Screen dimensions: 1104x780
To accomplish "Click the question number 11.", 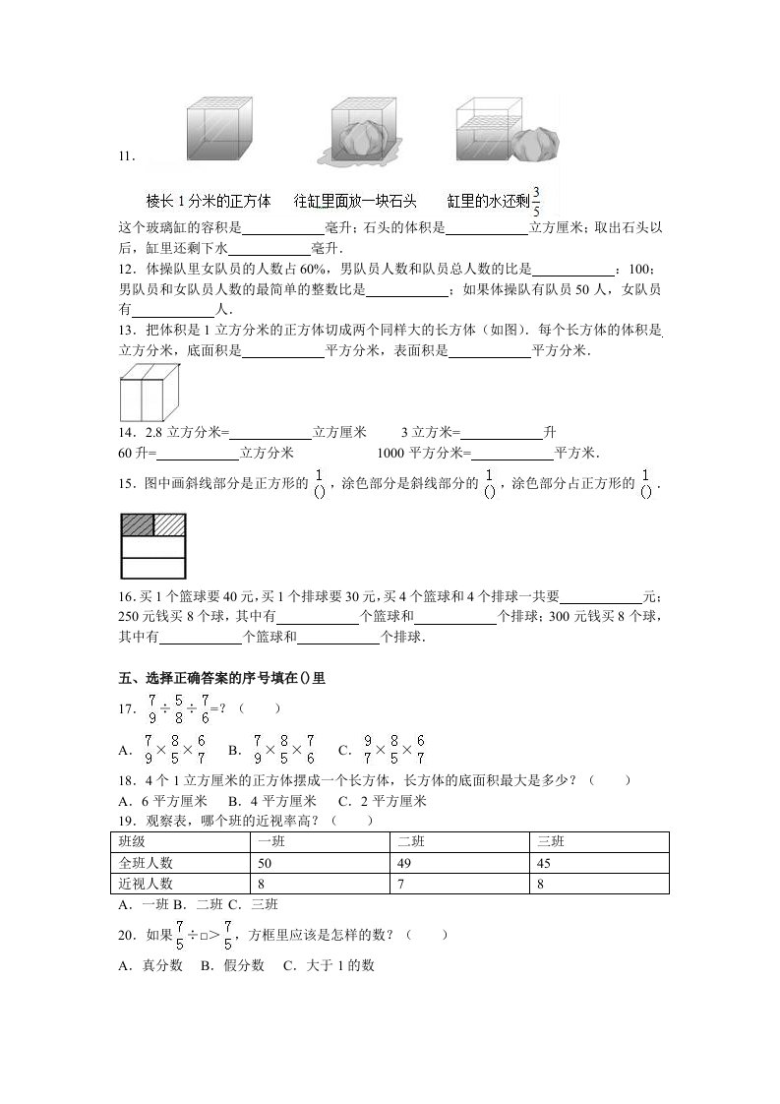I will coord(125,156).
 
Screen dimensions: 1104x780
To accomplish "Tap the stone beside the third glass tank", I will coord(536,144).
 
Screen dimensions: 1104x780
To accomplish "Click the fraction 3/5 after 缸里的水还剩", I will coord(536,200).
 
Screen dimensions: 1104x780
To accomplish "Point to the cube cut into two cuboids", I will coord(150,393).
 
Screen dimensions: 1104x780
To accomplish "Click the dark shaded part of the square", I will coord(137,524).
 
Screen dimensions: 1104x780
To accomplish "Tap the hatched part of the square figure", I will coord(169,524).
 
